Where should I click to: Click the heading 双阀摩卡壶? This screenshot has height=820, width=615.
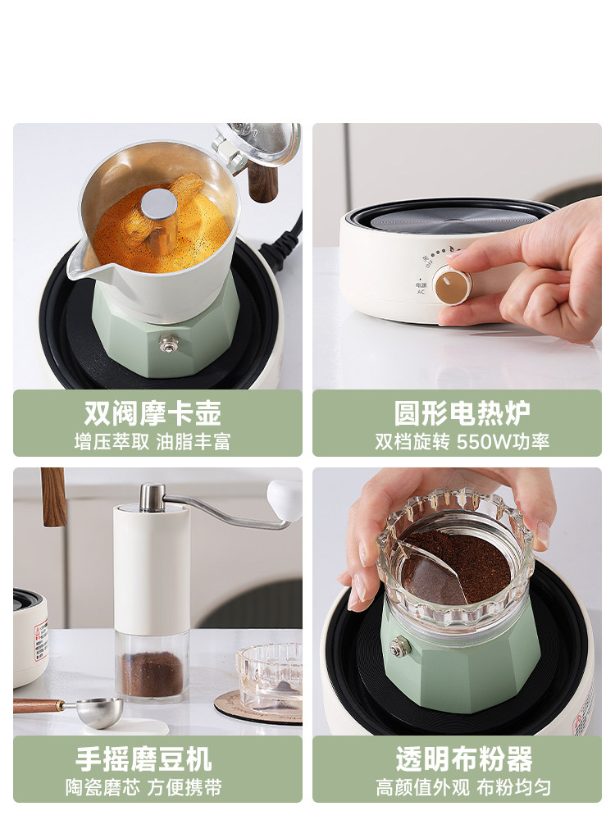153,412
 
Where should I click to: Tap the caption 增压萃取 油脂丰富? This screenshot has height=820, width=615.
153,442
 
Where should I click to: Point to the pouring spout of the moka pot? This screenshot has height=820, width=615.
79,266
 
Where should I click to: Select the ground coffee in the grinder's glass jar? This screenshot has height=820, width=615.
153,674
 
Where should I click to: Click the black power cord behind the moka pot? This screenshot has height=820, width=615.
283,242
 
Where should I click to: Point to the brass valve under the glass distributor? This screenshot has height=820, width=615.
400,648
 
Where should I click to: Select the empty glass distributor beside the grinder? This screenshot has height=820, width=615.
269,675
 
